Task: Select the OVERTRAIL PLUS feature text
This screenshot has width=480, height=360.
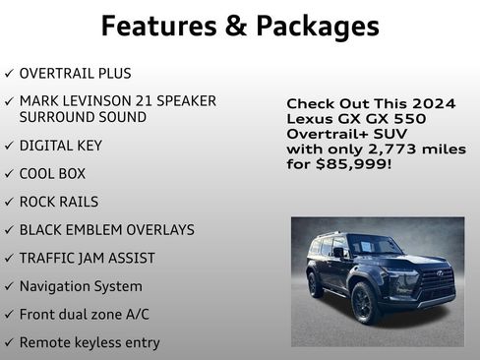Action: point(75,74)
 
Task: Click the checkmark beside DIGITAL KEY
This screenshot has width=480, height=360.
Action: point(9,146)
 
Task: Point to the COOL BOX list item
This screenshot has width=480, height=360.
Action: point(52,174)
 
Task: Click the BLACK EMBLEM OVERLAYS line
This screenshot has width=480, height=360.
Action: point(106,230)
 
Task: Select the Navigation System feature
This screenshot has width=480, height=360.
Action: point(81,286)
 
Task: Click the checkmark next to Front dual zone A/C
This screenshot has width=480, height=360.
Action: point(9,315)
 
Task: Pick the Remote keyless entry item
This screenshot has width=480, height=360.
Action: point(90,342)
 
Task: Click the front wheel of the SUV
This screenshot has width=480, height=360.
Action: point(364,302)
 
